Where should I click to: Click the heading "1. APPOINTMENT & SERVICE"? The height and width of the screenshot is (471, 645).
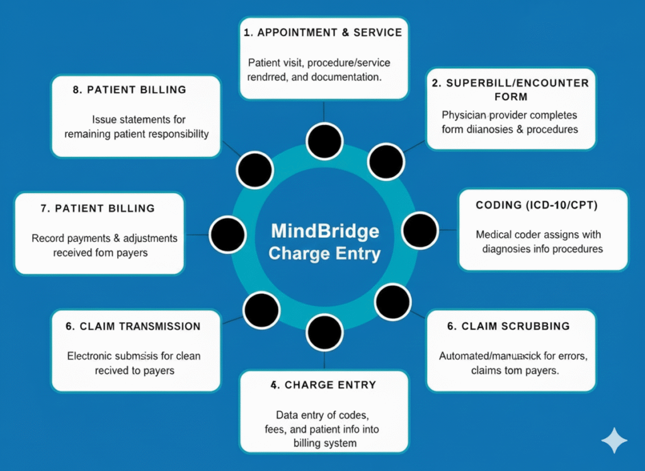322,33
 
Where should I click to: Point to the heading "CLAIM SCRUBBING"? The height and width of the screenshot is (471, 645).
515,326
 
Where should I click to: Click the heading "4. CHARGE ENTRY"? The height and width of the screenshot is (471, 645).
323,385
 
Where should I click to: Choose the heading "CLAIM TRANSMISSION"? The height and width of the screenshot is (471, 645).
140,326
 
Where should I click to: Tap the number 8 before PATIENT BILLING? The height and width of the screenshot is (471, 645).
77,90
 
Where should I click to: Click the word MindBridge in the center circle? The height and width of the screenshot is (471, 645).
325,231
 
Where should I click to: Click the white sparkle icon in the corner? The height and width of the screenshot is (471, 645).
614,441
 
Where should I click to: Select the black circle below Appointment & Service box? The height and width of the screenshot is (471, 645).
324,141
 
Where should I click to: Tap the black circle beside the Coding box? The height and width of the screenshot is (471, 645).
420,230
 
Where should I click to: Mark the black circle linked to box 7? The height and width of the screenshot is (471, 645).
227,234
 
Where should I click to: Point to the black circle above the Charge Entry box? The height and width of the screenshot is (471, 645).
324,332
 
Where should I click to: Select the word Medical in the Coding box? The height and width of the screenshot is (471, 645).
493,235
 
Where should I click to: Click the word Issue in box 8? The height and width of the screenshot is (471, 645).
104,119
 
